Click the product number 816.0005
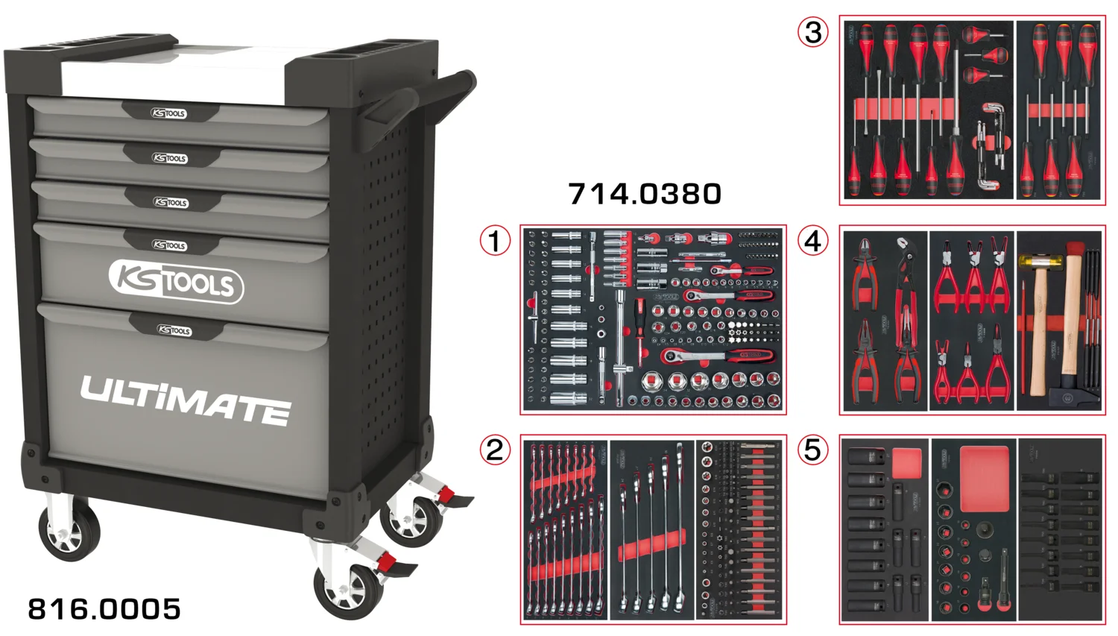click(104, 609)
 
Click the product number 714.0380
click(645, 194)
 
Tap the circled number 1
click(495, 241)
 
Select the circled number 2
click(495, 450)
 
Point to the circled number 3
click(813, 32)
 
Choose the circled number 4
click(813, 241)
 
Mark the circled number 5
click(813, 450)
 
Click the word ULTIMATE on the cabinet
click(186, 400)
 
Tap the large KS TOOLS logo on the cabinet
click(177, 282)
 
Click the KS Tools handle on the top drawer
click(169, 113)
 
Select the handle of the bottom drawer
click(174, 330)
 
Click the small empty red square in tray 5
click(906, 463)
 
